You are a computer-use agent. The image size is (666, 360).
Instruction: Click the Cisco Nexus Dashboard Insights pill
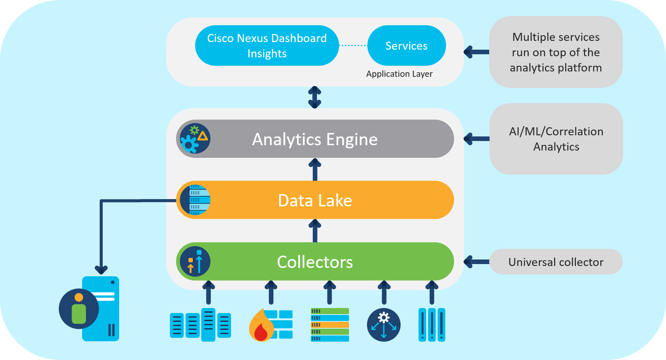point(267,45)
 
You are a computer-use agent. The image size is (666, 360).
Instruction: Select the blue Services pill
point(406,45)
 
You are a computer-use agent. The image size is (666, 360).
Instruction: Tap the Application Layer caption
point(399,74)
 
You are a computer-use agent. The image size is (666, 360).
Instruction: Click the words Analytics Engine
point(315,139)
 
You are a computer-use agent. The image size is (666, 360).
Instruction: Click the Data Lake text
point(315,200)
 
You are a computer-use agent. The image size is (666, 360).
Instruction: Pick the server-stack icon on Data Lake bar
point(195,200)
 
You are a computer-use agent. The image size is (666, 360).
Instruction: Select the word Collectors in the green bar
point(315,262)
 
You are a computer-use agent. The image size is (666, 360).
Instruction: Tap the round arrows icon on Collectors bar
point(195,261)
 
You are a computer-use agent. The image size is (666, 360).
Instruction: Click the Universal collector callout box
point(556,262)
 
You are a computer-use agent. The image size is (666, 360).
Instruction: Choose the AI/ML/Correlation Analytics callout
point(556,139)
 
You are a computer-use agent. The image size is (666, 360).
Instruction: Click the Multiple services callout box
point(556,52)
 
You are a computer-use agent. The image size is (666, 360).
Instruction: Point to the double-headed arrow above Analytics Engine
point(314,97)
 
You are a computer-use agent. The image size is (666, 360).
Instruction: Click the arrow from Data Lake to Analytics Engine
point(315,170)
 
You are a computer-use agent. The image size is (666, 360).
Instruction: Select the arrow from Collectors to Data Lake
point(315,231)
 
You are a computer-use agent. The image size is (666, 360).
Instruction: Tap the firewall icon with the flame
point(270,325)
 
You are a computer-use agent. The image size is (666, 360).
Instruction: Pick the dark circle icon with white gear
point(383,325)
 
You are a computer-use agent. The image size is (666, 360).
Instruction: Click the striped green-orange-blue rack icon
point(330,325)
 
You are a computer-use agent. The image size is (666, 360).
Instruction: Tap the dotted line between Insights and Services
point(352,45)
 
